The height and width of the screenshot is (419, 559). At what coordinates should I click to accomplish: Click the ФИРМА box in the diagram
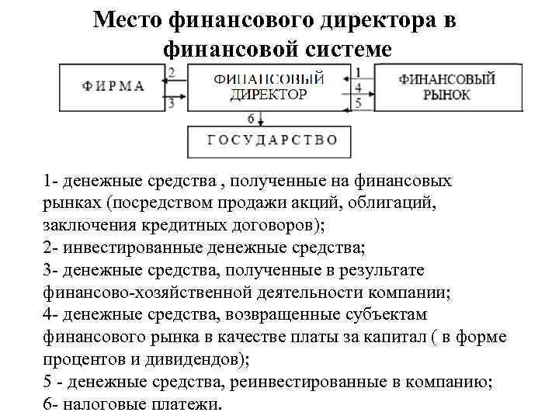tap(113, 86)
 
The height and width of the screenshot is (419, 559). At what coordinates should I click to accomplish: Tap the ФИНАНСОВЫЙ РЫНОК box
tap(446, 86)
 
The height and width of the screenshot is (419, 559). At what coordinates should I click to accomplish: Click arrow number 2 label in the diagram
tap(171, 72)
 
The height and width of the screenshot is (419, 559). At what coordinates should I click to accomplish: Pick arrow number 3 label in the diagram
tap(171, 102)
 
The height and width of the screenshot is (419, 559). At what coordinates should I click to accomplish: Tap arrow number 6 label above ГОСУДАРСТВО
tap(251, 118)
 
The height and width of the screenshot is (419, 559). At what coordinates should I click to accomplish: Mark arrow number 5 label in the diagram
tap(359, 102)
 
